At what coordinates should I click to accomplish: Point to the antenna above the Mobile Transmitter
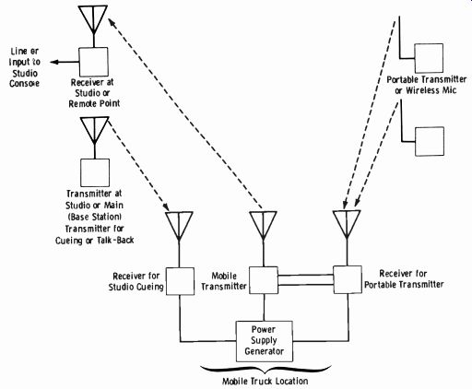point(263,226)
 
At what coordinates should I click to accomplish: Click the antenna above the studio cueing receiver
point(179,226)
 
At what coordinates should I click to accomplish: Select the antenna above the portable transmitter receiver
point(347,225)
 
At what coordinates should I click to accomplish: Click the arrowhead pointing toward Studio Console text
point(54,62)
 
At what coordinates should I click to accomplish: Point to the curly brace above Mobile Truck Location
point(265,370)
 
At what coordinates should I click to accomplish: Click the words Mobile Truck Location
point(265,382)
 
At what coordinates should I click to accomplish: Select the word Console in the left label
point(24,84)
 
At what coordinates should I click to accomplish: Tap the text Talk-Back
point(115,240)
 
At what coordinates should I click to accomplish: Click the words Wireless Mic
point(431,90)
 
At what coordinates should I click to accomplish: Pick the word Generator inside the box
point(264,351)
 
